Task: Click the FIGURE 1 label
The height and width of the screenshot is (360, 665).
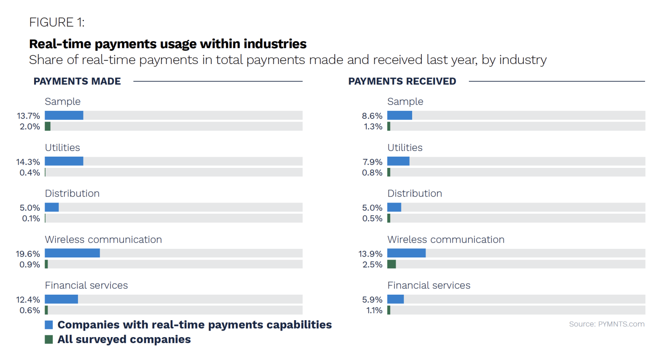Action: [57, 22]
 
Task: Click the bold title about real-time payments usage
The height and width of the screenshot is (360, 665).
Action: [168, 44]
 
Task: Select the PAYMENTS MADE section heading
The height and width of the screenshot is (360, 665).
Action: [77, 81]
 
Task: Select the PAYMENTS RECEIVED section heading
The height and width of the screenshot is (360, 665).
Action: [402, 81]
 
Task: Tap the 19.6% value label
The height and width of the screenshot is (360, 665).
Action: [28, 254]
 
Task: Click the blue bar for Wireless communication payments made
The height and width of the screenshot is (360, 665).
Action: [72, 253]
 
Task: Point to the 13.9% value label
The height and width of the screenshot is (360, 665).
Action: [371, 254]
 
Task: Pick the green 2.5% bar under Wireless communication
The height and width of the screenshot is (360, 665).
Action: [391, 264]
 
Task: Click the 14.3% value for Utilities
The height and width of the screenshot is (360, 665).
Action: [28, 162]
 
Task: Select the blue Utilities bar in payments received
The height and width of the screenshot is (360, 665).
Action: [398, 161]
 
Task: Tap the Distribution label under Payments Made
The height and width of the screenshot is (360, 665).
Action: [72, 193]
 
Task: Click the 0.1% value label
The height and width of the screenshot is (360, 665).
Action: [31, 219]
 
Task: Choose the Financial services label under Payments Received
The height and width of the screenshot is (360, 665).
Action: [429, 285]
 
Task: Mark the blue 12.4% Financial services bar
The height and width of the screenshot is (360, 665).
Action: [61, 299]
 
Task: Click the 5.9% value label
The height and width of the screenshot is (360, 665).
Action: [372, 299]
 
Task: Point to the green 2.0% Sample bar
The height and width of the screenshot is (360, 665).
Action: [48, 126]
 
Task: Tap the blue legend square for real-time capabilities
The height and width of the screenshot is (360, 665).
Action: [49, 325]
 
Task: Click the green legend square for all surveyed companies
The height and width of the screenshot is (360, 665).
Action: [49, 339]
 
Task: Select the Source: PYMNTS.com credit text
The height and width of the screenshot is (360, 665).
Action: [607, 324]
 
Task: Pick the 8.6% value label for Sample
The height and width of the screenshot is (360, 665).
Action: [372, 116]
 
